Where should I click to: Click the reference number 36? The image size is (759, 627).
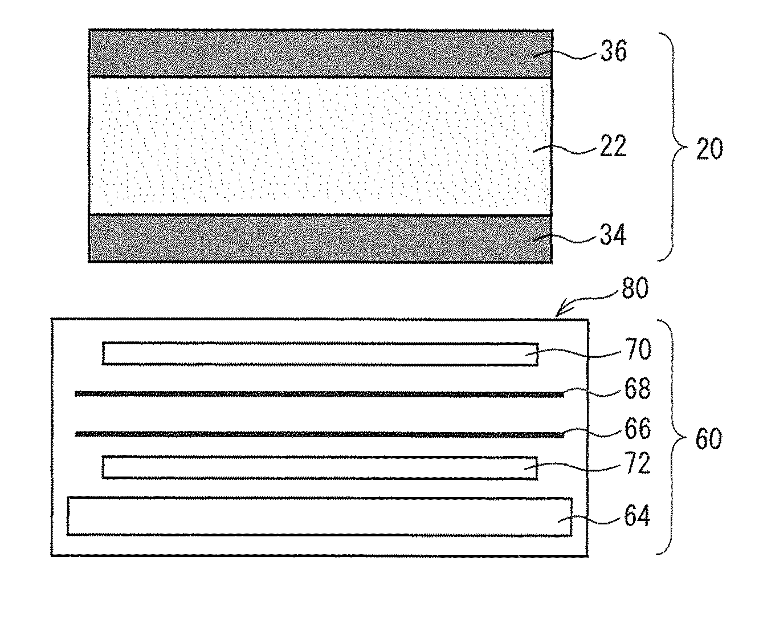click(x=614, y=51)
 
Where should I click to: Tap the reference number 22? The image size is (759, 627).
click(x=613, y=146)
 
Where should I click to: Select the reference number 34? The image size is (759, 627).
click(x=613, y=235)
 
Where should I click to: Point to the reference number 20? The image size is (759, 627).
click(x=709, y=149)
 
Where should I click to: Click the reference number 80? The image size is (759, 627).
click(x=635, y=288)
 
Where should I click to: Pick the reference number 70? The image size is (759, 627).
click(x=638, y=349)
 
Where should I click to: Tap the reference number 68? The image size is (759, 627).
click(x=637, y=388)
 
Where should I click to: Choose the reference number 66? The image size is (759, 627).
click(x=638, y=429)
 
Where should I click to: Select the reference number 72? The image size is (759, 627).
click(x=637, y=463)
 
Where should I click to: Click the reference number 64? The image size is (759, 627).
click(x=637, y=516)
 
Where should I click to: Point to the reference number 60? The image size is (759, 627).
click(x=708, y=438)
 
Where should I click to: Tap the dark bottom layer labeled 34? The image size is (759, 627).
click(x=320, y=238)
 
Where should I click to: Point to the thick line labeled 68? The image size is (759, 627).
click(x=319, y=394)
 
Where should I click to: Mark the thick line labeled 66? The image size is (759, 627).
click(x=319, y=434)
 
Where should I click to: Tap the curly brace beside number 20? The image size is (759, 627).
click(x=674, y=147)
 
